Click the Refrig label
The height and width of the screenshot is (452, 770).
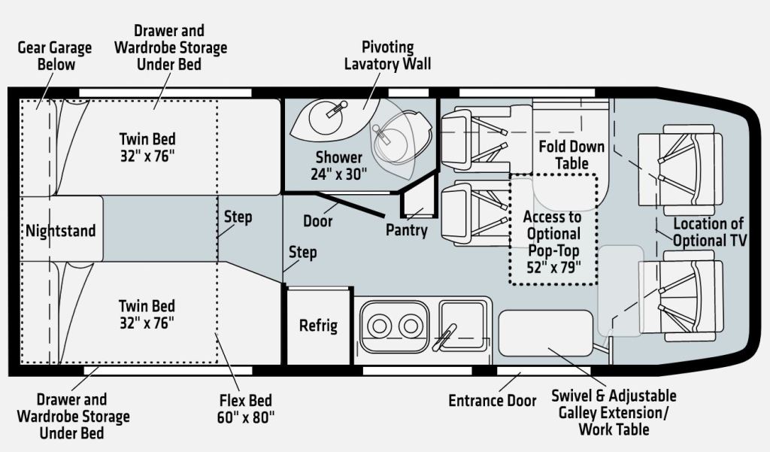coord(318,326)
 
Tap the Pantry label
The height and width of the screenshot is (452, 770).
coord(407,230)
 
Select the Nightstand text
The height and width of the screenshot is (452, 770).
coord(61,230)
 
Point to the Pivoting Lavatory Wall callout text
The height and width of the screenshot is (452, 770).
coord(387,56)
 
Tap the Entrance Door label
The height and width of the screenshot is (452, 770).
coord(493,401)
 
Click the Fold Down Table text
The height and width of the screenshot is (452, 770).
coord(571,154)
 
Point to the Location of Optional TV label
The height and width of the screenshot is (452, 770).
coord(708,232)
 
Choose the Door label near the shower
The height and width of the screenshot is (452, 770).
coord(318,222)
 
